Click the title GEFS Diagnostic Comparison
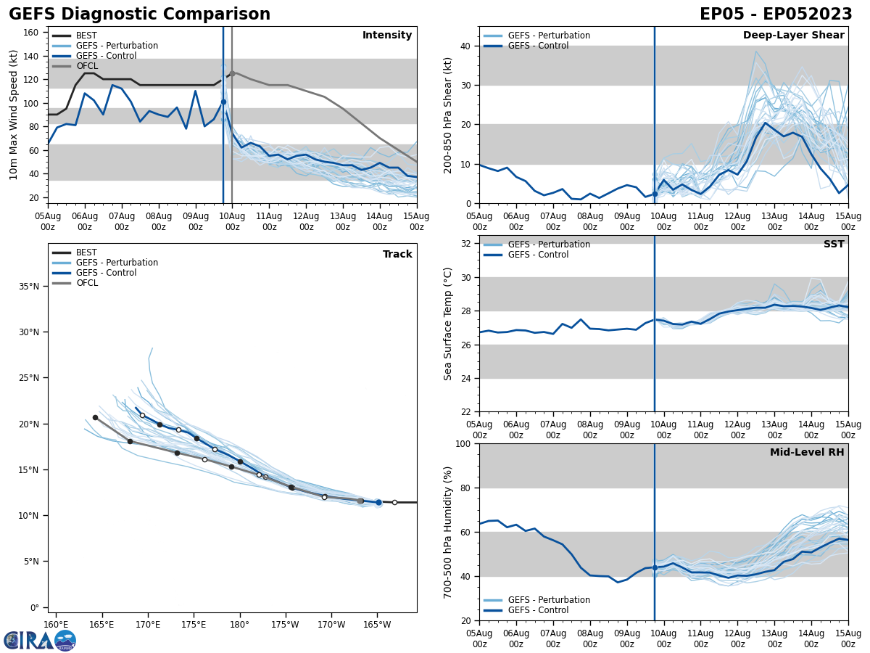139,15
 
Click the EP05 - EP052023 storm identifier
776,15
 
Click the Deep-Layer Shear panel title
793,36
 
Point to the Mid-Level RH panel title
807,453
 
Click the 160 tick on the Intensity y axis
33,33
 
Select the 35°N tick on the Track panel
29,286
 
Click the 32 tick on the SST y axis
466,244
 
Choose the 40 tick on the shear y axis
466,46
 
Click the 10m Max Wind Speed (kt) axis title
14,115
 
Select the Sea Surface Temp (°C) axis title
448,324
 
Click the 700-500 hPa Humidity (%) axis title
448,532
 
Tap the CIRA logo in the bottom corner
39,640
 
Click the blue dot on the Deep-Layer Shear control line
655,194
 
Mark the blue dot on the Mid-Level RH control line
655,567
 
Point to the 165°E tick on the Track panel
101,624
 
